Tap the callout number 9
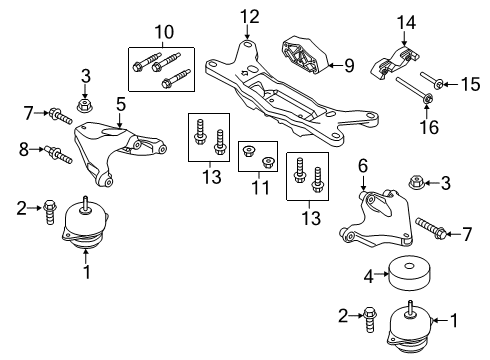[350, 67]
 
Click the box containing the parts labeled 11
[257, 157]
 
